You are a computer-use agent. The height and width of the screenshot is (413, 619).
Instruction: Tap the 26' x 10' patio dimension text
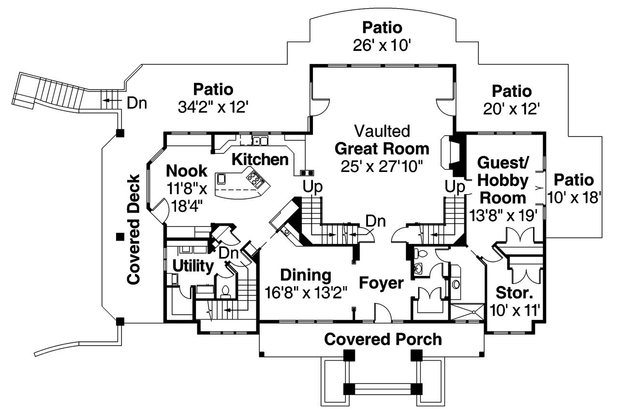click(382, 46)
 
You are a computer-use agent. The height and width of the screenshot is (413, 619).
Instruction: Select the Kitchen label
click(260, 159)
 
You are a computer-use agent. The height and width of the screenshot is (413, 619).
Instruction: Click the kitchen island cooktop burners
click(255, 179)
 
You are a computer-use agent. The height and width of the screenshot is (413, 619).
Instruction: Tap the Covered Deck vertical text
click(134, 229)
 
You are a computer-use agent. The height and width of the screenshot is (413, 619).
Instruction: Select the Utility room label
click(193, 266)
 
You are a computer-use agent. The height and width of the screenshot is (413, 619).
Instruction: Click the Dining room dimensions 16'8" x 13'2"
click(306, 293)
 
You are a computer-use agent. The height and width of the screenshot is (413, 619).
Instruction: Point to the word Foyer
click(381, 283)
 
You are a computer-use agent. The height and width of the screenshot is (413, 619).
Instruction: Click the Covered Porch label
click(383, 339)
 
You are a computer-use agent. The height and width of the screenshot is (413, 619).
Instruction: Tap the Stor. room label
click(515, 293)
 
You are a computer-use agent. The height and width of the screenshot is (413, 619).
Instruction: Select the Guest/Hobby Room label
click(503, 180)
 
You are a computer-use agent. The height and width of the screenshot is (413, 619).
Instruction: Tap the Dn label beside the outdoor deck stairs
click(137, 103)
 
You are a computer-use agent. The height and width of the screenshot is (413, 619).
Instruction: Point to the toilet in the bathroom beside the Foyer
click(420, 253)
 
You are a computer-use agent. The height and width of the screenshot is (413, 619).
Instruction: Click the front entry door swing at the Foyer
click(380, 312)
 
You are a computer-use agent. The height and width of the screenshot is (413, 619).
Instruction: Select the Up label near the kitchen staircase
click(313, 186)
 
